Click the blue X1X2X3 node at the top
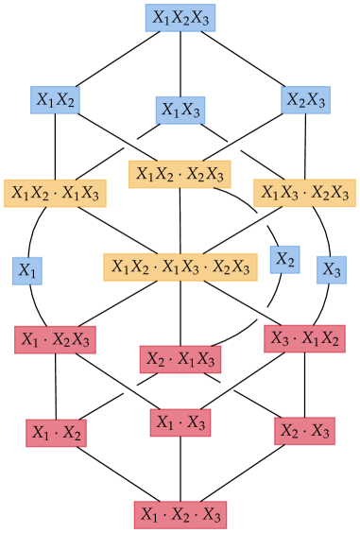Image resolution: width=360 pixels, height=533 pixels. pos(180,18)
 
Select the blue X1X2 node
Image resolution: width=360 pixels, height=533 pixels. pos(56,99)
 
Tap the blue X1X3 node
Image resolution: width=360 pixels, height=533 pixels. pos(180,111)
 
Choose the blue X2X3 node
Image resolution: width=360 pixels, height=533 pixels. pos(306,99)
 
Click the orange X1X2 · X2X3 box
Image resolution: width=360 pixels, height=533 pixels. pos(180,174)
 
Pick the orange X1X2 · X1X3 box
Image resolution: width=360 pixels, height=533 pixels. pos(55,193)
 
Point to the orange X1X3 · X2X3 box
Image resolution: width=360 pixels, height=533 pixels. pos(304,193)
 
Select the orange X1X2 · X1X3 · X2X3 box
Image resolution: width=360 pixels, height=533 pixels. pos(180,266)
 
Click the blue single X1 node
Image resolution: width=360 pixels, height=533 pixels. pos(27,270)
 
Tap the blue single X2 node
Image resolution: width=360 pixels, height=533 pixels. pos(284,259)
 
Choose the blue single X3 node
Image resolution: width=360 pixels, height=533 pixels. pos(332,269)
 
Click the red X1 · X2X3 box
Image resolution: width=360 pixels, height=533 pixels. pos(55,338)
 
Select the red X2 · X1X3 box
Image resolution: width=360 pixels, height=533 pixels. pos(180,359)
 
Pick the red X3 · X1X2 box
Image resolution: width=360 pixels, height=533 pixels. pos(304,338)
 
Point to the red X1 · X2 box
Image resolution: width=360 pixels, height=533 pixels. pos(56,433)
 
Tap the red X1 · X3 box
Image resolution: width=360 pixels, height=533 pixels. pos(180,422)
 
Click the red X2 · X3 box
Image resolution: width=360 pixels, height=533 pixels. pos(304,431)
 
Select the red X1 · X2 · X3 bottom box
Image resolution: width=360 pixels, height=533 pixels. pos(180,514)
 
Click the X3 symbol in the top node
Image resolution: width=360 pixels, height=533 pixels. pos(201,18)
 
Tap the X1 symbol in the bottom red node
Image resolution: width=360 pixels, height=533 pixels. pos(149,514)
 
